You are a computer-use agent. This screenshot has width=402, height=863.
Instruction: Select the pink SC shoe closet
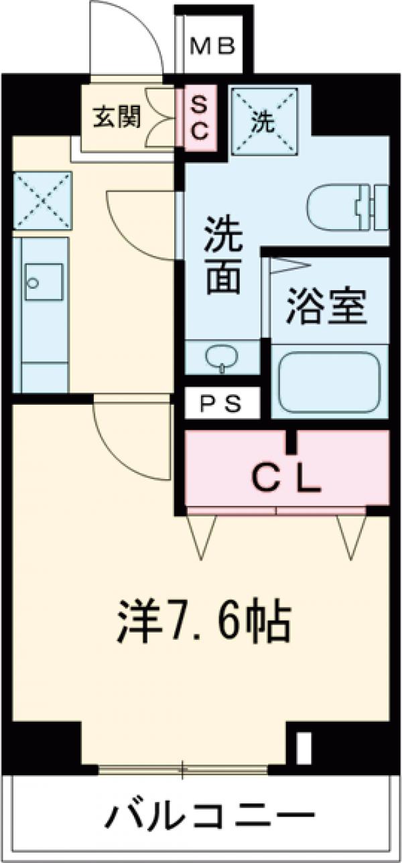tap(200, 118)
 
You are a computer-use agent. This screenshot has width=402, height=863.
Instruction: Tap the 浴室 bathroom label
tap(326, 306)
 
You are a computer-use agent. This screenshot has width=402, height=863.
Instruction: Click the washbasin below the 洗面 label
tap(220, 358)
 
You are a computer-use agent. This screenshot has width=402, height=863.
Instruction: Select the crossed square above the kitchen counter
tap(42, 200)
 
